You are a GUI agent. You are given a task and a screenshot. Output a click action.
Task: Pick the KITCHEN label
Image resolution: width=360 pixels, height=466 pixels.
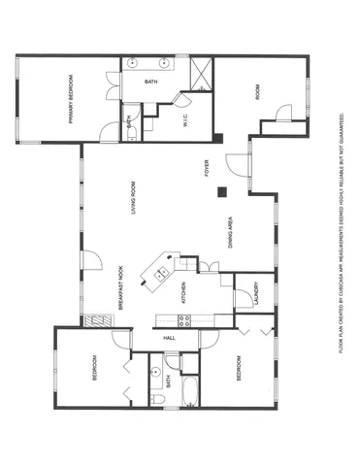pos(184,291)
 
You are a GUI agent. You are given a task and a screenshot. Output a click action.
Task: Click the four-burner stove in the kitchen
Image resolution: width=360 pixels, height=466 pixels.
pos(181,320)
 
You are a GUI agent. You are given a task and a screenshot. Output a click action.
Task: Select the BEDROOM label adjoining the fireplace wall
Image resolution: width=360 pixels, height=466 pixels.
pos(95,372)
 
